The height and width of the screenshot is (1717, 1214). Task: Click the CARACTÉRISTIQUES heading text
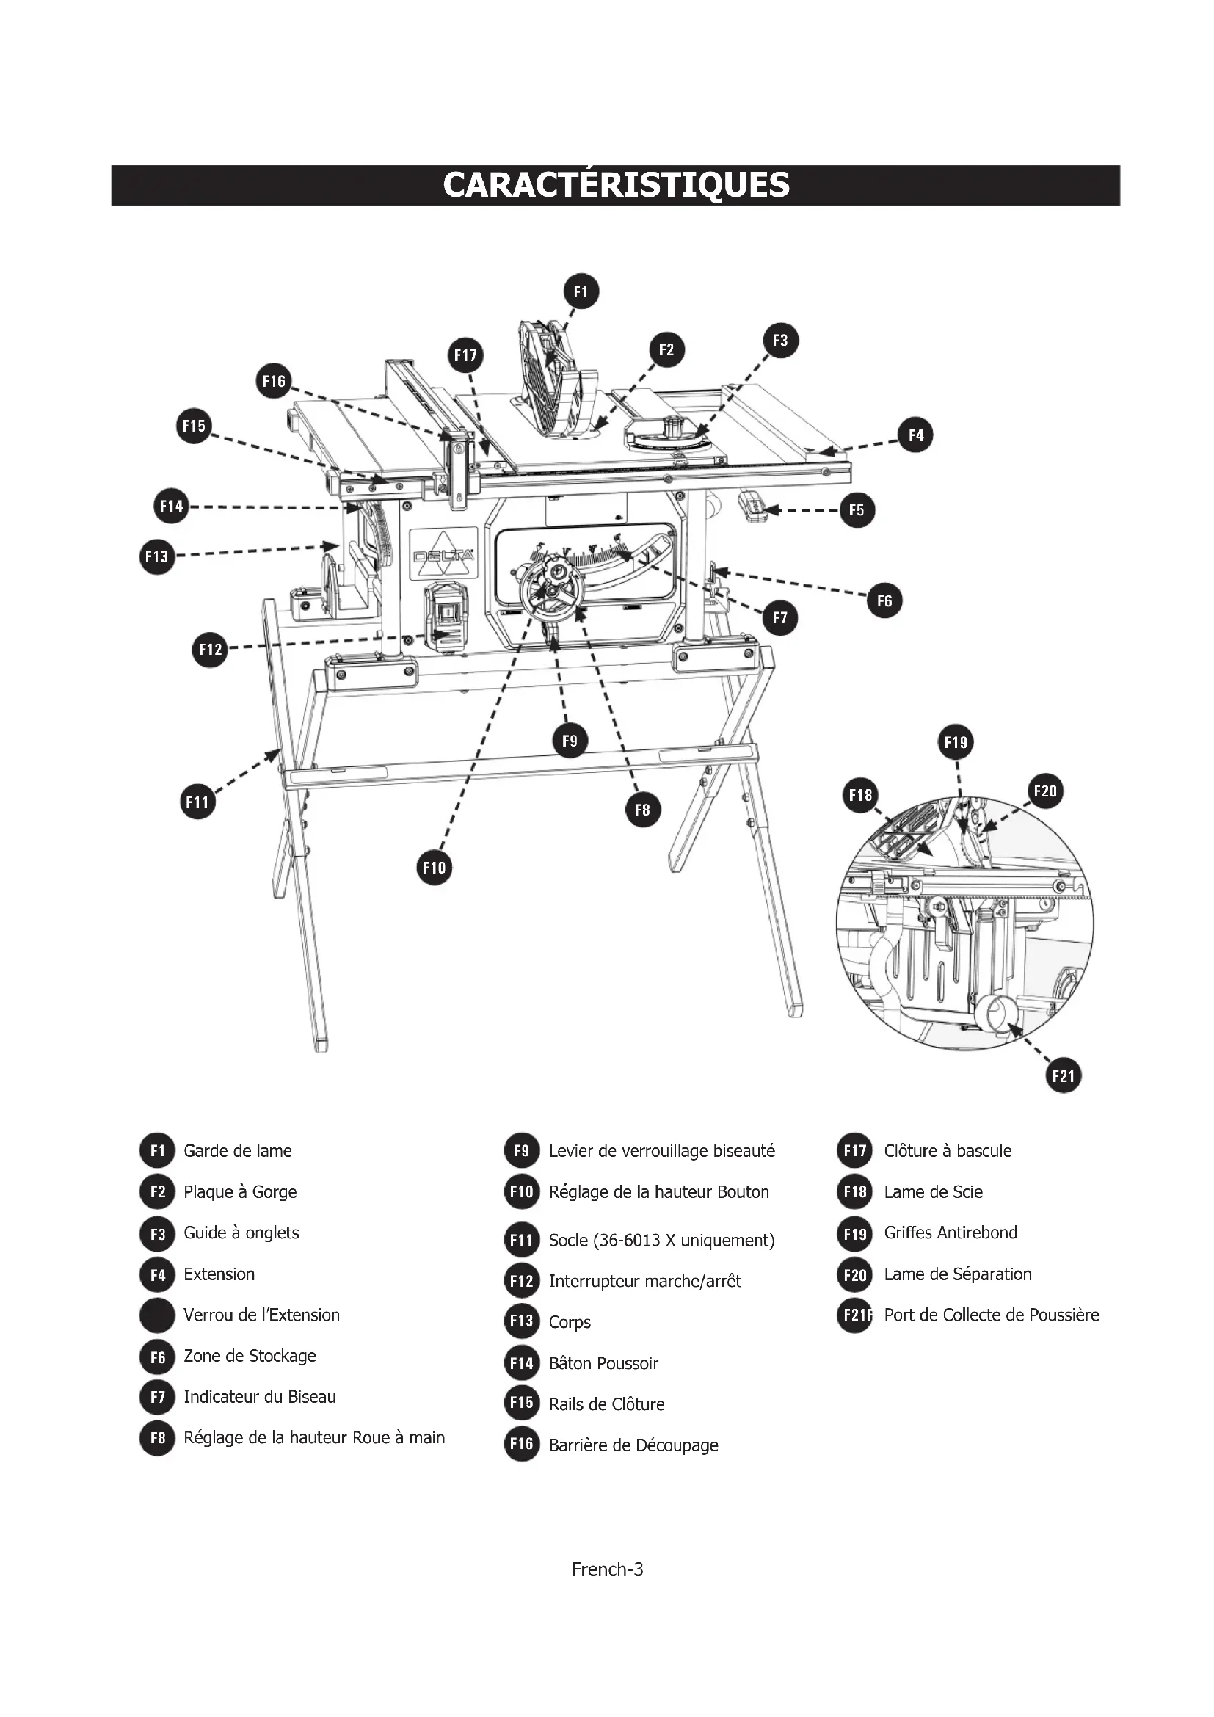615,185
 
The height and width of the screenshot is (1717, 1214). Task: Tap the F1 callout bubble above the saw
581,291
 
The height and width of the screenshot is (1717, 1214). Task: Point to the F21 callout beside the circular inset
1062,1076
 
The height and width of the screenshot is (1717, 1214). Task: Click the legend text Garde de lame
238,1151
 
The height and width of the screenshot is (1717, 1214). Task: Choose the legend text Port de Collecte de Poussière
991,1315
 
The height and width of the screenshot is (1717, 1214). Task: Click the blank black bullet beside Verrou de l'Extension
157,1315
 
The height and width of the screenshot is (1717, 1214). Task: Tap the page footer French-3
607,1569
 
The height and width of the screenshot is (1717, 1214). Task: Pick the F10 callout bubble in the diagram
434,868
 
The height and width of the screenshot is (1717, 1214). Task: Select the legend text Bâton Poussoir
603,1363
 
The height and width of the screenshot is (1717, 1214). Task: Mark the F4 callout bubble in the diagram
916,435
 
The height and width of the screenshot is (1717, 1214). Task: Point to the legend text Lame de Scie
933,1192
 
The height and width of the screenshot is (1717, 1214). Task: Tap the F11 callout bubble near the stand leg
197,802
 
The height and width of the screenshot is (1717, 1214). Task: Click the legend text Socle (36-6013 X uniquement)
661,1241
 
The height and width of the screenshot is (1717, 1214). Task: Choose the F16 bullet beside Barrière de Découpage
521,1445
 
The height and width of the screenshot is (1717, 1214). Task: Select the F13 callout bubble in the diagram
157,556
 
